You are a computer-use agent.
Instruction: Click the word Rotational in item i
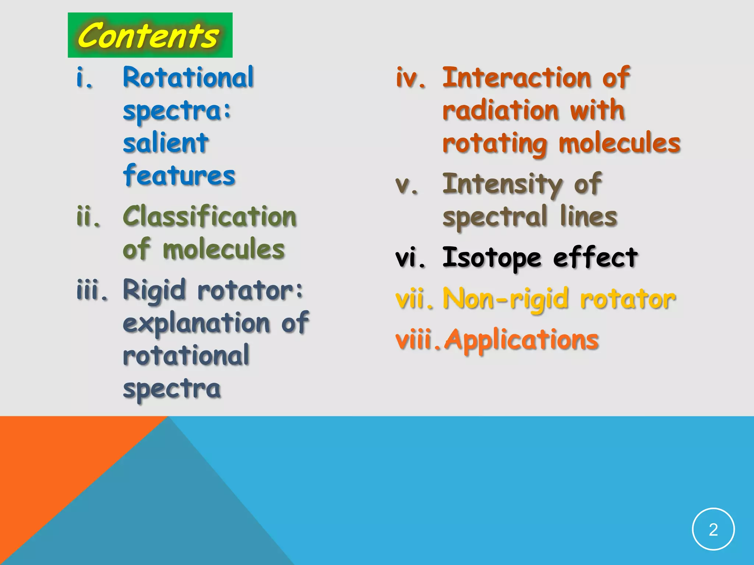point(188,78)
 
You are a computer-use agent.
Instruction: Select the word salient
point(166,143)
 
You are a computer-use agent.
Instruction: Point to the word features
point(179,175)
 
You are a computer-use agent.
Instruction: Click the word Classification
point(209,216)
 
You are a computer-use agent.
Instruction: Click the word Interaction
point(517,78)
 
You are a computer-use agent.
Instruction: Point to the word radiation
point(501,110)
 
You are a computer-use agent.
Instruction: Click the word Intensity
point(502,184)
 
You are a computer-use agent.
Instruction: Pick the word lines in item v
point(588,216)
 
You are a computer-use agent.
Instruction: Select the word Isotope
point(491,257)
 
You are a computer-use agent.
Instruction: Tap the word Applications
point(522,340)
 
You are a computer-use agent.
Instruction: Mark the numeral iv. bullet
point(411,78)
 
